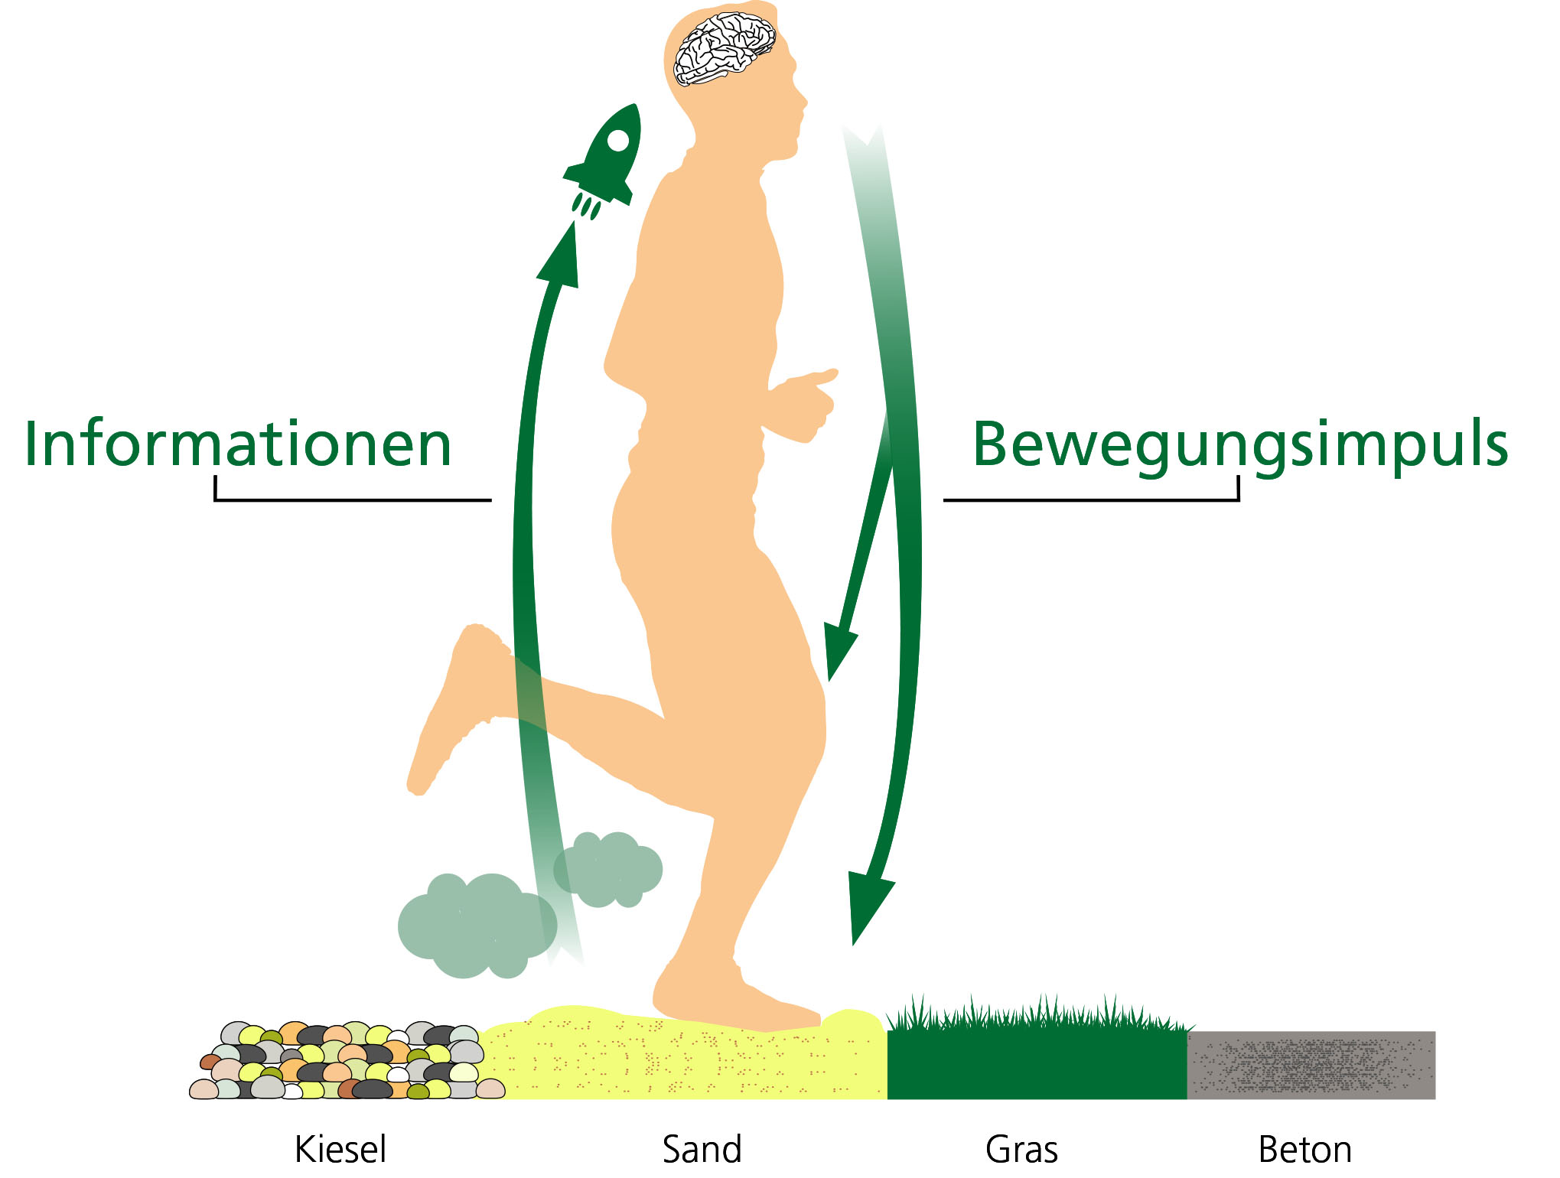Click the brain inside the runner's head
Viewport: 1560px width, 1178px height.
tap(723, 50)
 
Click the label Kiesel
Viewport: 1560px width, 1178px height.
tap(340, 1150)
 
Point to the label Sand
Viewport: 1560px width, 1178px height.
tap(702, 1150)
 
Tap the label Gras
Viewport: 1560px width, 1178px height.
tap(1021, 1150)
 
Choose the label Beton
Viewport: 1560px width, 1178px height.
tap(1304, 1150)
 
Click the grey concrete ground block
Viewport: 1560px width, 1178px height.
tap(1311, 1065)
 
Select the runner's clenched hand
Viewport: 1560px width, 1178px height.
tap(803, 405)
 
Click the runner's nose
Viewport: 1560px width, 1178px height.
tap(803, 100)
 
